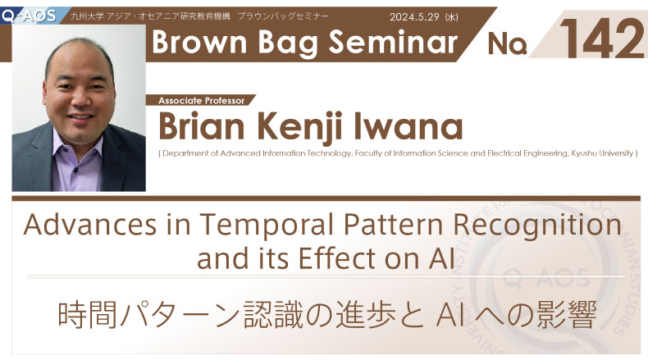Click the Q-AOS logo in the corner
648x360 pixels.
tap(29, 16)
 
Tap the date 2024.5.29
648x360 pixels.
tap(414, 17)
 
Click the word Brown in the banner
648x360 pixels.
tap(199, 42)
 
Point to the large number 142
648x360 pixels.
tap(602, 39)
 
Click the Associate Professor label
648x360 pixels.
tap(201, 100)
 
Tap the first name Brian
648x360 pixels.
tap(201, 126)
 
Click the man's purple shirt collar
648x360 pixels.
tap(77, 144)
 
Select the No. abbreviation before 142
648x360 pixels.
tap(507, 43)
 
